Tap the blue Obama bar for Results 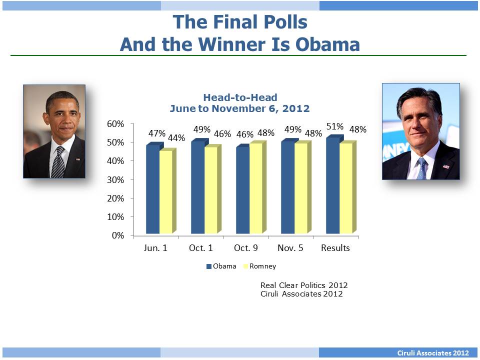332,186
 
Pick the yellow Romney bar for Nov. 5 300,189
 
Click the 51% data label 334,126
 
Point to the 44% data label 176,138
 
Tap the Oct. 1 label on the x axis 200,248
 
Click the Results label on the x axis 335,248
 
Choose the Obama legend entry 221,266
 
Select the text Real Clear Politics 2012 304,285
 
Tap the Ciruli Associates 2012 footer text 433,353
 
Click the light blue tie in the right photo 421,169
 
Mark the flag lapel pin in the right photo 446,166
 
